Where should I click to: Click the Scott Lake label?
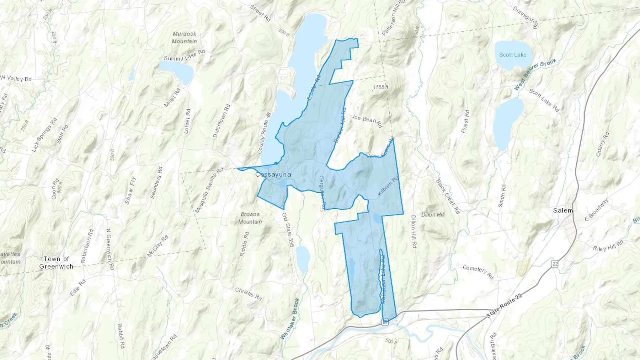pos(512,55)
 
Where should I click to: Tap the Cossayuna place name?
pos(273,174)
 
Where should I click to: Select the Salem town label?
pos(563,210)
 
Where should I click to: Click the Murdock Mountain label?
pos(184,37)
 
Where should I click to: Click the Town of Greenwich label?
pos(56,263)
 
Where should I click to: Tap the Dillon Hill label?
pos(433,215)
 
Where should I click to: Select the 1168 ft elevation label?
pos(380,87)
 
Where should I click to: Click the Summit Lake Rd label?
pos(184,55)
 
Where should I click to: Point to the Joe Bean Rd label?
pos(367,121)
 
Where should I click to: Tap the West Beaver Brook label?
pos(535,74)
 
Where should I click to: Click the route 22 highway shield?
pos(555,263)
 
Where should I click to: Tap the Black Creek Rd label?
pos(448,196)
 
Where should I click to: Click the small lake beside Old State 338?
pos(303,258)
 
